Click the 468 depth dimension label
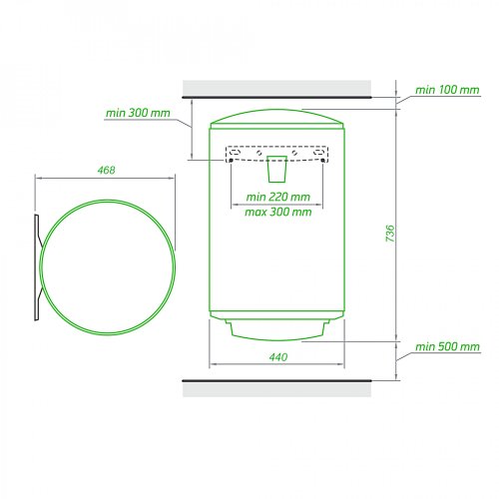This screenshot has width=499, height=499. pyautogui.click(x=106, y=170)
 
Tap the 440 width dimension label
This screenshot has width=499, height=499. pyautogui.click(x=278, y=357)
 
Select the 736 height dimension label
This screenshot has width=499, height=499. pyautogui.click(x=390, y=234)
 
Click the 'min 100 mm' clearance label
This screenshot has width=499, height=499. pyautogui.click(x=447, y=90)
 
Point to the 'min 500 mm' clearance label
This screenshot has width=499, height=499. pyautogui.click(x=447, y=346)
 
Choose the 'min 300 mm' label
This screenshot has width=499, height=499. pyautogui.click(x=138, y=113)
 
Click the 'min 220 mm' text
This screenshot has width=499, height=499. pyautogui.click(x=278, y=197)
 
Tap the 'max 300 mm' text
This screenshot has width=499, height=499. pyautogui.click(x=278, y=212)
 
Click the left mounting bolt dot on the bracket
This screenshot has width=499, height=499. pyautogui.click(x=231, y=161)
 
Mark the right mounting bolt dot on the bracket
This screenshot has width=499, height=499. pyautogui.click(x=322, y=161)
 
